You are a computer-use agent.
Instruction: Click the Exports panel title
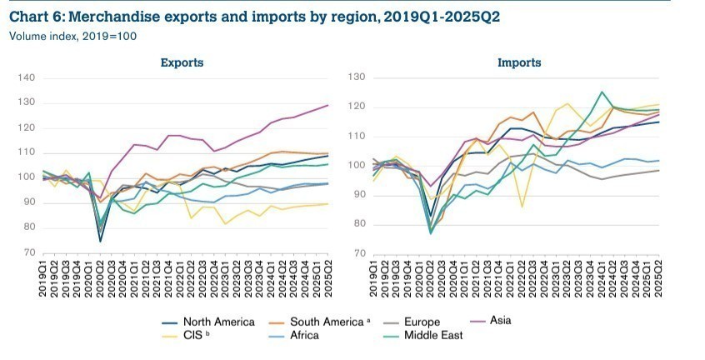point(182,62)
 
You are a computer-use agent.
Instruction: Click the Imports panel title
point(519,62)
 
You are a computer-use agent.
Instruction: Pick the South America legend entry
point(320,320)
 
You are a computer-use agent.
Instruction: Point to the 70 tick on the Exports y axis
point(27,252)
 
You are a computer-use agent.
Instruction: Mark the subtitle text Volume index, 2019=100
point(72,36)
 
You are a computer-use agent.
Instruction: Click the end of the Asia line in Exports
point(327,105)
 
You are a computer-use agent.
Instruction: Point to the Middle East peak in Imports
point(602,92)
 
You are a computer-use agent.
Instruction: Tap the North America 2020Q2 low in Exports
point(101,241)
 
